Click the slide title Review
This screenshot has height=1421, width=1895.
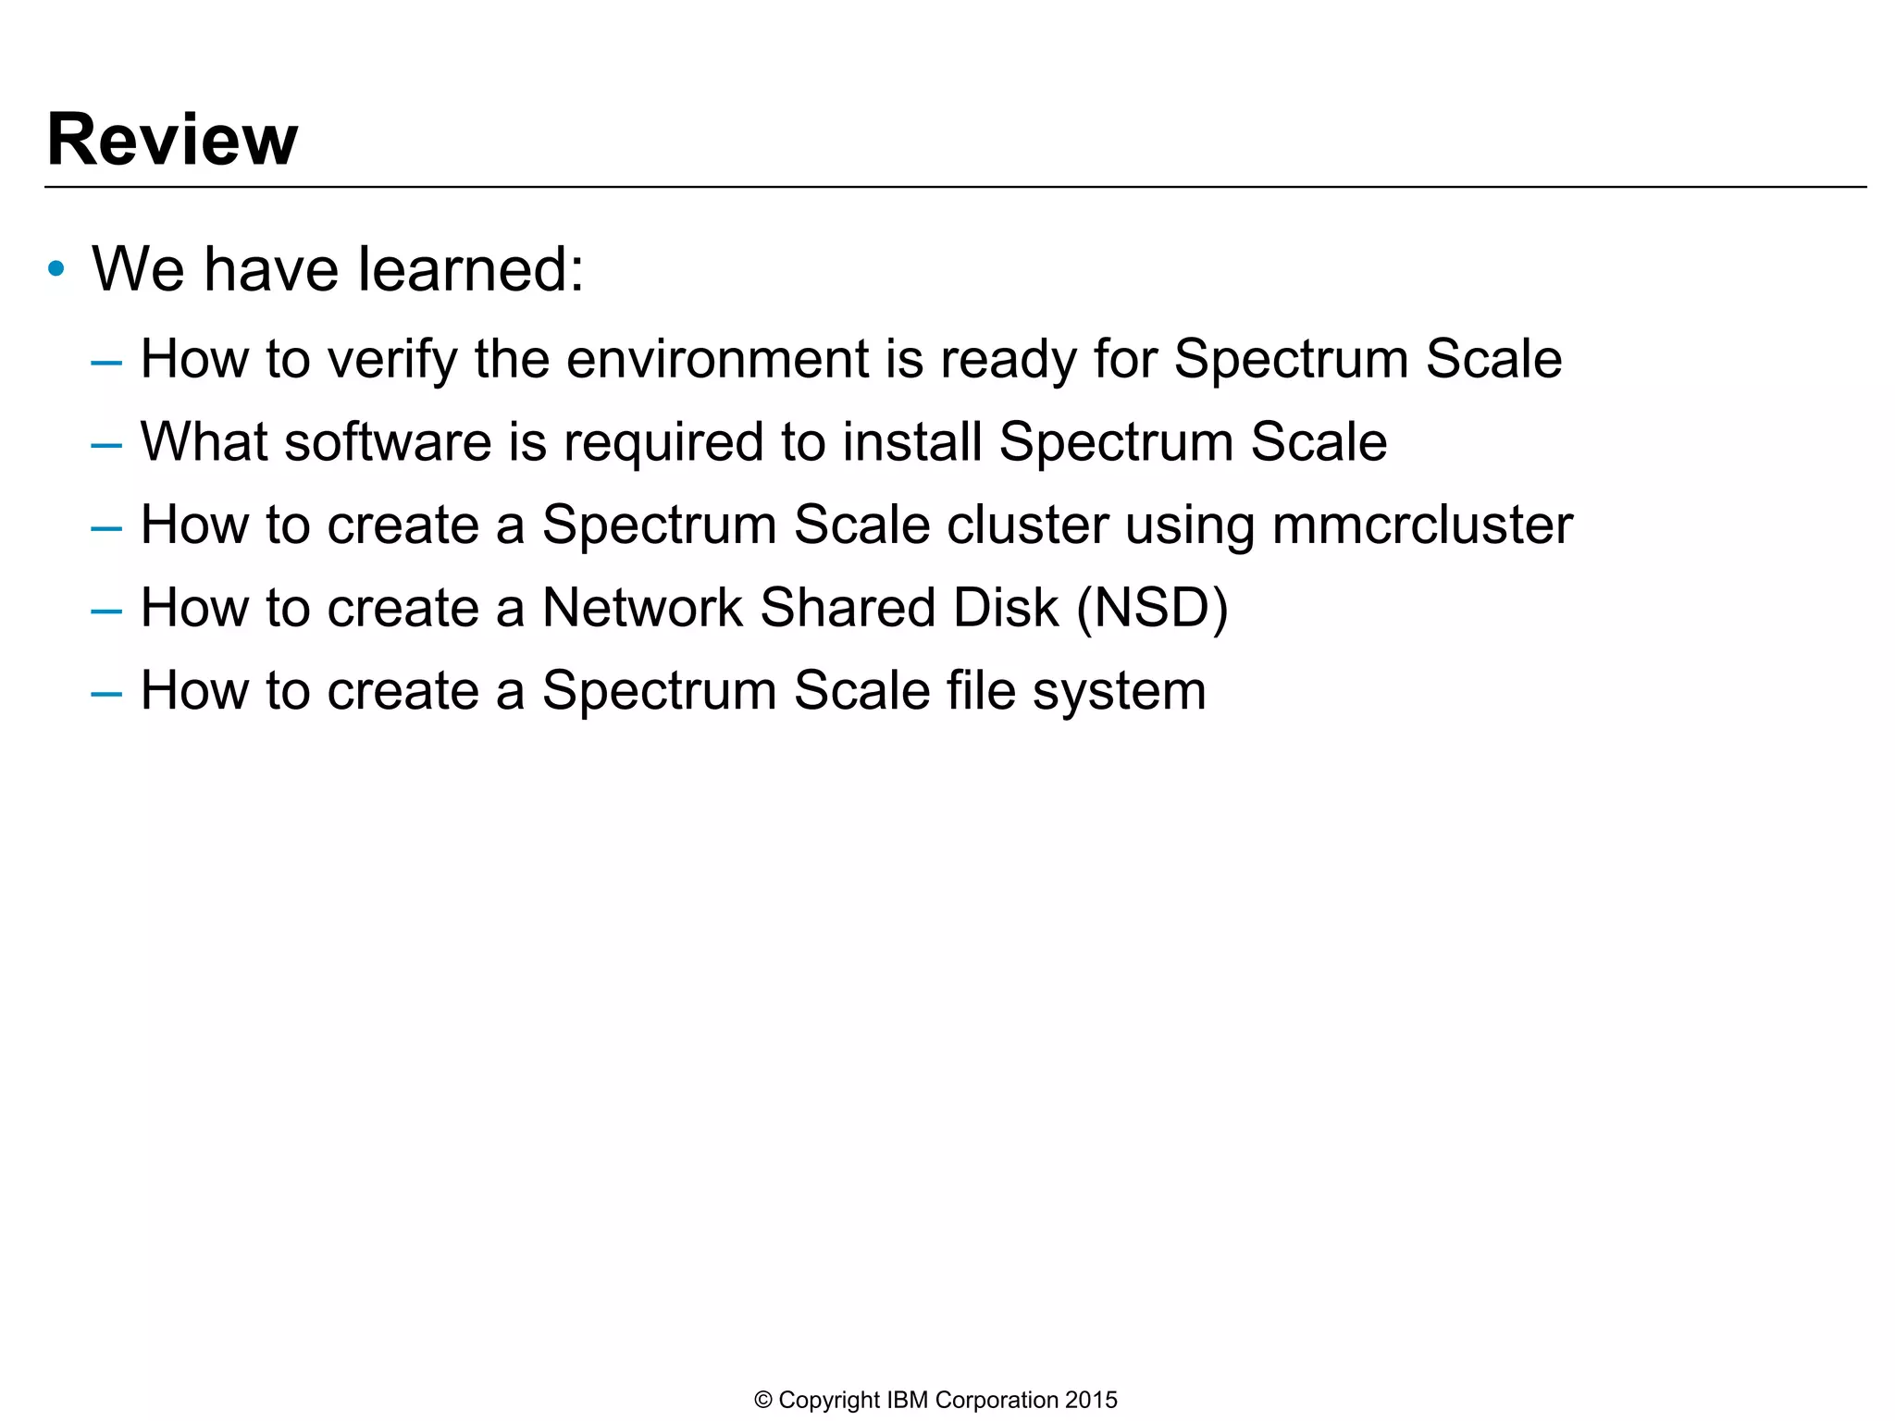coord(172,140)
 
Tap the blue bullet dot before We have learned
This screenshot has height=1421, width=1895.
coord(56,270)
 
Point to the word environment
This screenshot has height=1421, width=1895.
coord(717,359)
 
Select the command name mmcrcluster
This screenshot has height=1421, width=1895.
coord(1422,525)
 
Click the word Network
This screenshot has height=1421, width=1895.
coord(641,608)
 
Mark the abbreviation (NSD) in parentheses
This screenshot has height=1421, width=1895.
coord(1152,608)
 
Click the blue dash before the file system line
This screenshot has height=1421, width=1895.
coord(106,693)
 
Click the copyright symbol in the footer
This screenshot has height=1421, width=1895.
coord(763,1400)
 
